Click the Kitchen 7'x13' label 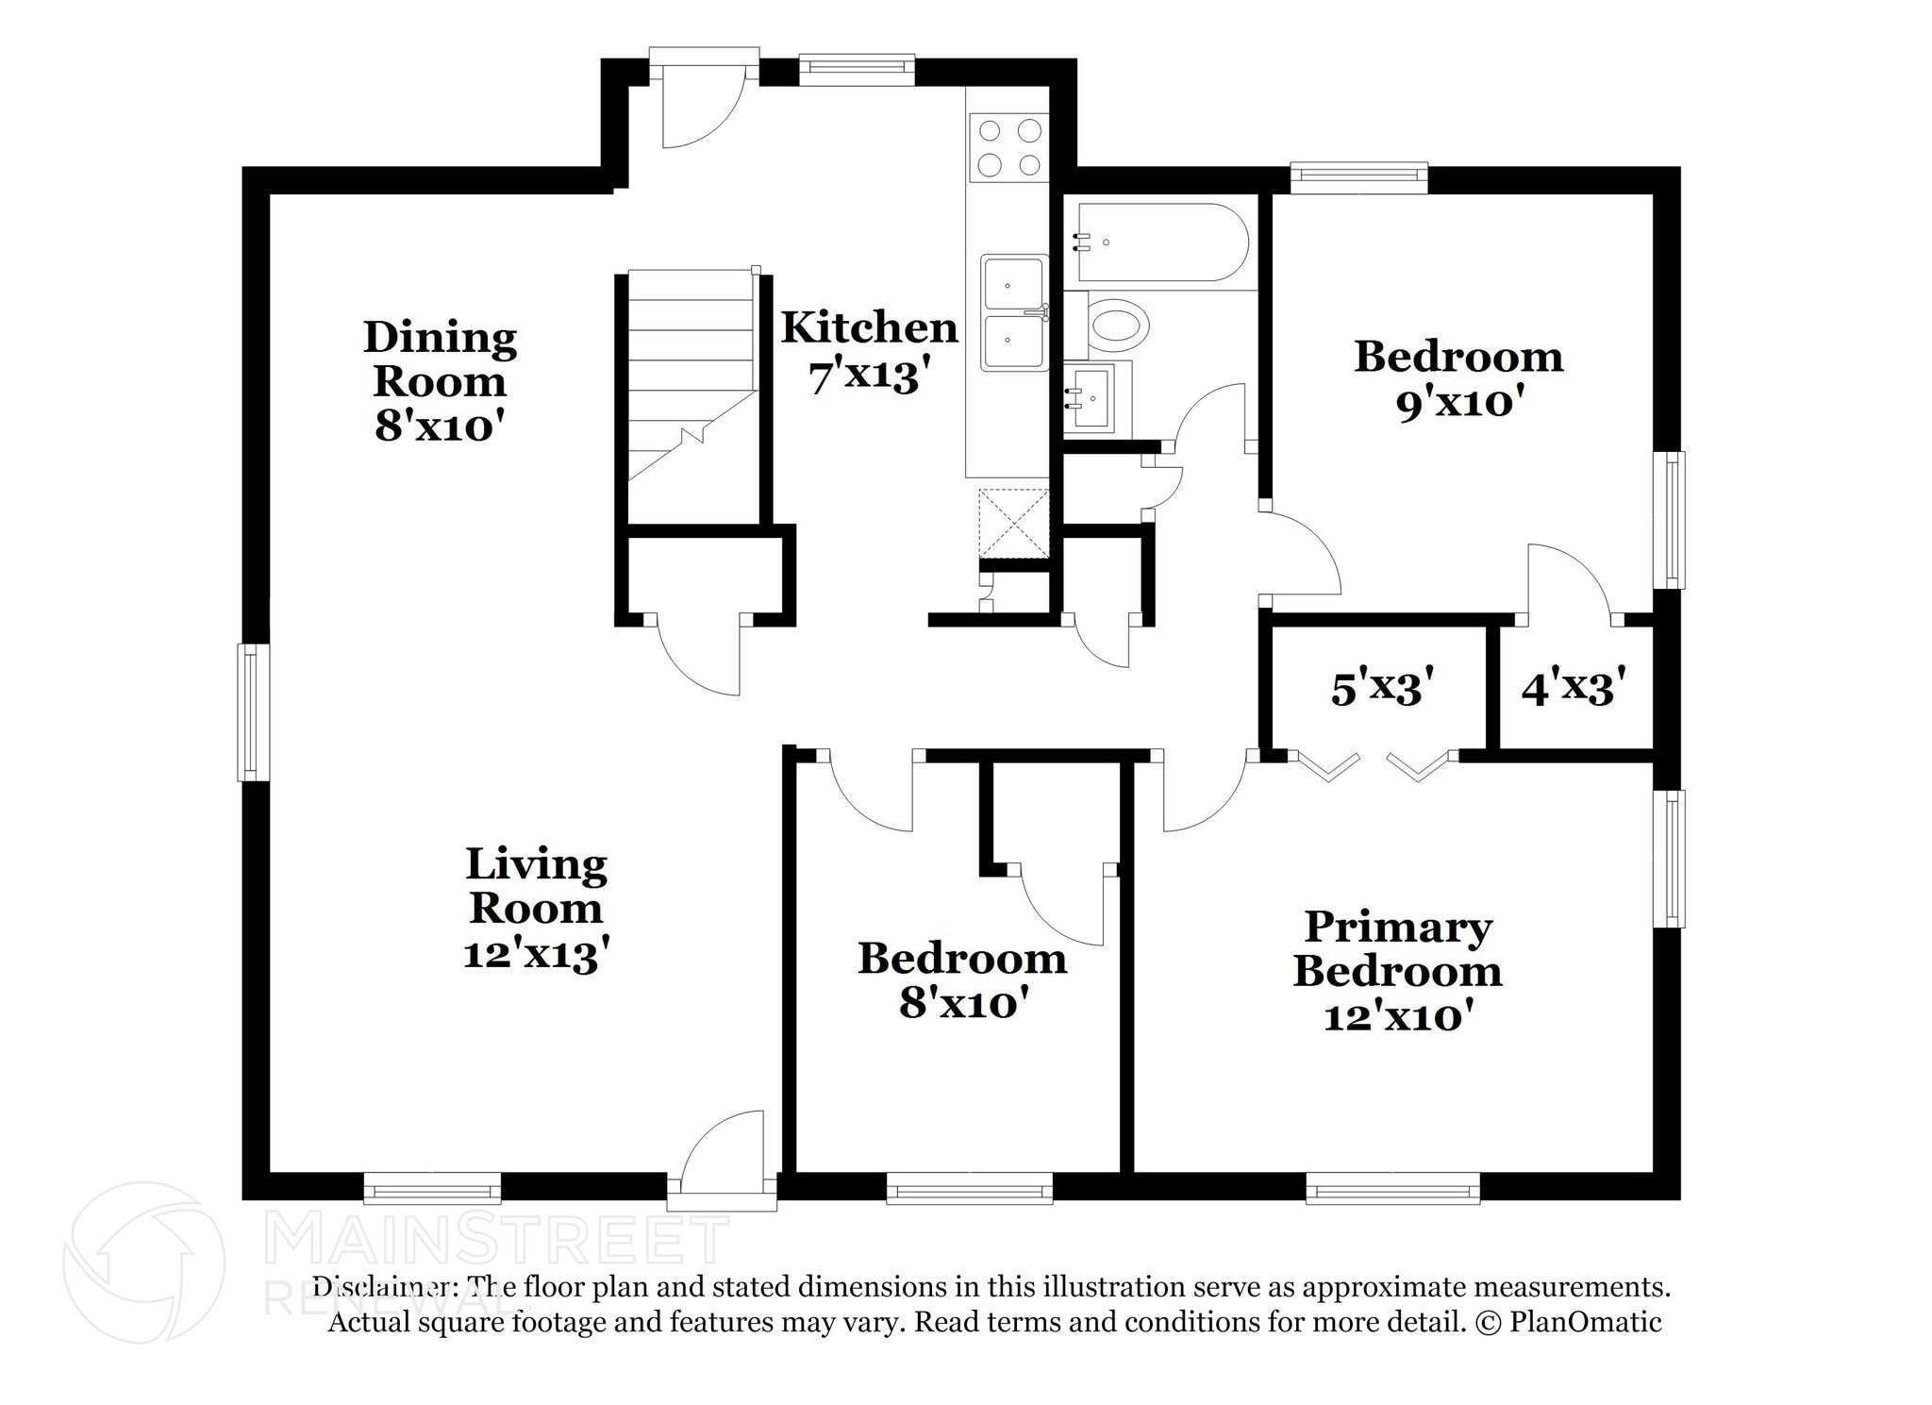(x=869, y=351)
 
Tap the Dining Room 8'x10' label (x=440, y=381)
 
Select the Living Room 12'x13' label (x=536, y=908)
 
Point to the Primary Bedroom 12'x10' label (x=1397, y=971)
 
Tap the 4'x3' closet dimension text (x=1574, y=688)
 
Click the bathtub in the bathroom (x=1159, y=243)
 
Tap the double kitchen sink (x=1012, y=312)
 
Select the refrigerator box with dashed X (x=1013, y=524)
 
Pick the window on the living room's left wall (x=253, y=712)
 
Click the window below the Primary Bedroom (x=1392, y=1188)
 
